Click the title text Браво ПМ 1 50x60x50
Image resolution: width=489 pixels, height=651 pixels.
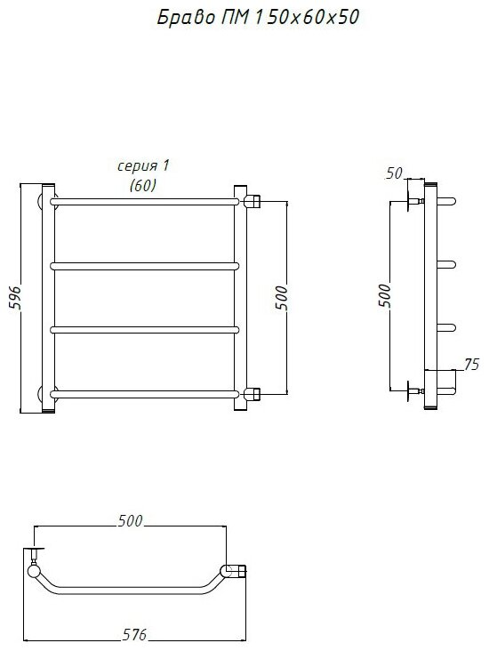click(x=257, y=18)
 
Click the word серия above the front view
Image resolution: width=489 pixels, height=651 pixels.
click(x=138, y=166)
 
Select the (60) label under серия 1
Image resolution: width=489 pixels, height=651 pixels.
click(x=143, y=185)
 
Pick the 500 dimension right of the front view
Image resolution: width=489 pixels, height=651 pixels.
click(x=281, y=298)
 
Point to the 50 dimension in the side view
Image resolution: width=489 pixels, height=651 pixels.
click(x=394, y=173)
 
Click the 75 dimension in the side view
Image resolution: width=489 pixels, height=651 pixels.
click(x=471, y=364)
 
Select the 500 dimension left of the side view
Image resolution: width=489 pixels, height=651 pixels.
click(x=385, y=295)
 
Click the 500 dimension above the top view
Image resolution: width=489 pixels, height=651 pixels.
click(x=130, y=520)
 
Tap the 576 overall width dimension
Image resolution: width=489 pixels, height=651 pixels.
click(x=135, y=635)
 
